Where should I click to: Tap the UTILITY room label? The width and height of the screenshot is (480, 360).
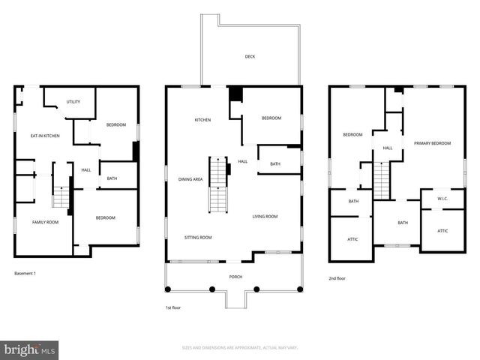pyautogui.click(x=73, y=102)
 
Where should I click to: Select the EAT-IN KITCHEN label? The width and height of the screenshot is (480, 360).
pyautogui.click(x=45, y=136)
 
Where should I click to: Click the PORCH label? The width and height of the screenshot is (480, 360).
pyautogui.click(x=235, y=277)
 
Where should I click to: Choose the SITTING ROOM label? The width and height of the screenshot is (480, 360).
pyautogui.click(x=198, y=237)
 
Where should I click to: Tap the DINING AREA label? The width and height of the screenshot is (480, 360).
pyautogui.click(x=190, y=179)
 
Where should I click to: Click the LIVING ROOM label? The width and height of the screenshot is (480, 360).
pyautogui.click(x=265, y=217)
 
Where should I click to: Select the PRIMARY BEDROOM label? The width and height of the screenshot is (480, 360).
pyautogui.click(x=432, y=142)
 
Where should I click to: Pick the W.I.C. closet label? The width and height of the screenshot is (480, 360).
pyautogui.click(x=442, y=199)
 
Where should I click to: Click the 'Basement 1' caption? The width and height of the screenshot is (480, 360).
pyautogui.click(x=25, y=273)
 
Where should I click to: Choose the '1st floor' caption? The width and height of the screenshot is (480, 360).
pyautogui.click(x=172, y=307)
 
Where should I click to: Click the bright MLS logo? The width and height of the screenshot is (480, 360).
pyautogui.click(x=30, y=349)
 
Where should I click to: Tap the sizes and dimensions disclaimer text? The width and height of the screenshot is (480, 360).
pyautogui.click(x=240, y=348)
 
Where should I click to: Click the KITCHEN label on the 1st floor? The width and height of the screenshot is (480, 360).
pyautogui.click(x=202, y=120)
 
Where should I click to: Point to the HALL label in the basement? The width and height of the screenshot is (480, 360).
pyautogui.click(x=86, y=170)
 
